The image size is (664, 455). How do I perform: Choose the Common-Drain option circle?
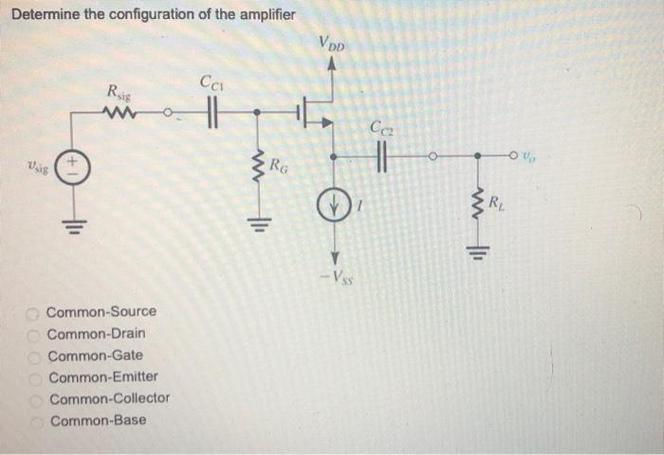35,334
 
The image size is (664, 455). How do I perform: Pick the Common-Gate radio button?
36,355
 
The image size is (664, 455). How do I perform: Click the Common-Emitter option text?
102,376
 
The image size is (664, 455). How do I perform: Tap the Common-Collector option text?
109,398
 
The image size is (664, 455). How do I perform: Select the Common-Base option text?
99,420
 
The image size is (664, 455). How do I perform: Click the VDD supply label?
333,45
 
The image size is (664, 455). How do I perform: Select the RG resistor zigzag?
255,172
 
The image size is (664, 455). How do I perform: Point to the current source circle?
333,204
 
